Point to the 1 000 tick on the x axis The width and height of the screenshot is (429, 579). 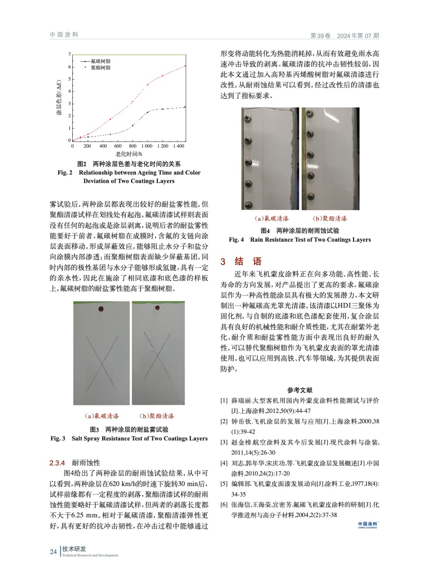[147, 146]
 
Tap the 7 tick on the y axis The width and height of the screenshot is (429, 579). [70, 55]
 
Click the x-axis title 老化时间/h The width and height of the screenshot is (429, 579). [129, 154]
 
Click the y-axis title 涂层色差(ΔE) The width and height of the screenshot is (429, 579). [59, 98]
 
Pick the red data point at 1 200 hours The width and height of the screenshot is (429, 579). [163, 75]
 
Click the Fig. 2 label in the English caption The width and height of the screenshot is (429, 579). [65, 173]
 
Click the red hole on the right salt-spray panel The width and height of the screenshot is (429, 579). [158, 308]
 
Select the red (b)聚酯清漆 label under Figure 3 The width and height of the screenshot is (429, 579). [157, 416]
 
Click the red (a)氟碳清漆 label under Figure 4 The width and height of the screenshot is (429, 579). [271, 219]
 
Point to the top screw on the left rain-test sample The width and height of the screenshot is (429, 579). [248, 118]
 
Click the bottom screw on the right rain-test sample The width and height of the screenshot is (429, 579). [310, 196]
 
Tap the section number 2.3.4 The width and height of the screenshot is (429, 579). [57, 463]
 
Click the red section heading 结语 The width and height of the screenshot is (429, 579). [248, 261]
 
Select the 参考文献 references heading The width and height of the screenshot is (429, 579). [300, 390]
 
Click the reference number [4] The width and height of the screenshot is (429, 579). [224, 463]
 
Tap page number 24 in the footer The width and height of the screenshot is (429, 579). [53, 552]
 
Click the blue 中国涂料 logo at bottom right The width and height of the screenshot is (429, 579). [367, 525]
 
